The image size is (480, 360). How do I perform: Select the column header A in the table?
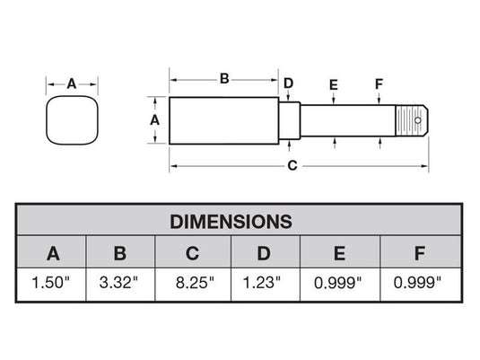click(53, 252)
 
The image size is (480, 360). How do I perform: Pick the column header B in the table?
click(120, 252)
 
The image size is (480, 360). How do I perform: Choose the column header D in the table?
click(265, 252)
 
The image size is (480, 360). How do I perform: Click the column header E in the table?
click(339, 252)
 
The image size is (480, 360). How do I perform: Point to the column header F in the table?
click(419, 252)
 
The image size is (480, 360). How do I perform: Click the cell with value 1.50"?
click(53, 283)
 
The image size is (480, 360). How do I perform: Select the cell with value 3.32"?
click(120, 283)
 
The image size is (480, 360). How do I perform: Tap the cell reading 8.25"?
click(192, 283)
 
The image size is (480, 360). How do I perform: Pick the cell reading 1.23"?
click(265, 283)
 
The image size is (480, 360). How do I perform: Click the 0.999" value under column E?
click(339, 283)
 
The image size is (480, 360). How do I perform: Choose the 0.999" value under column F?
click(419, 283)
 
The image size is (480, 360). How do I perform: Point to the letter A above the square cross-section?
click(72, 83)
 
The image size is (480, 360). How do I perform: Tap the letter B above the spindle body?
click(224, 78)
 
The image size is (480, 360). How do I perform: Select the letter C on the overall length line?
click(292, 166)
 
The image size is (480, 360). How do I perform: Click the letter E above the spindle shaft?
click(333, 84)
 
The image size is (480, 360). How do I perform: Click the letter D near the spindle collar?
click(288, 83)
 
